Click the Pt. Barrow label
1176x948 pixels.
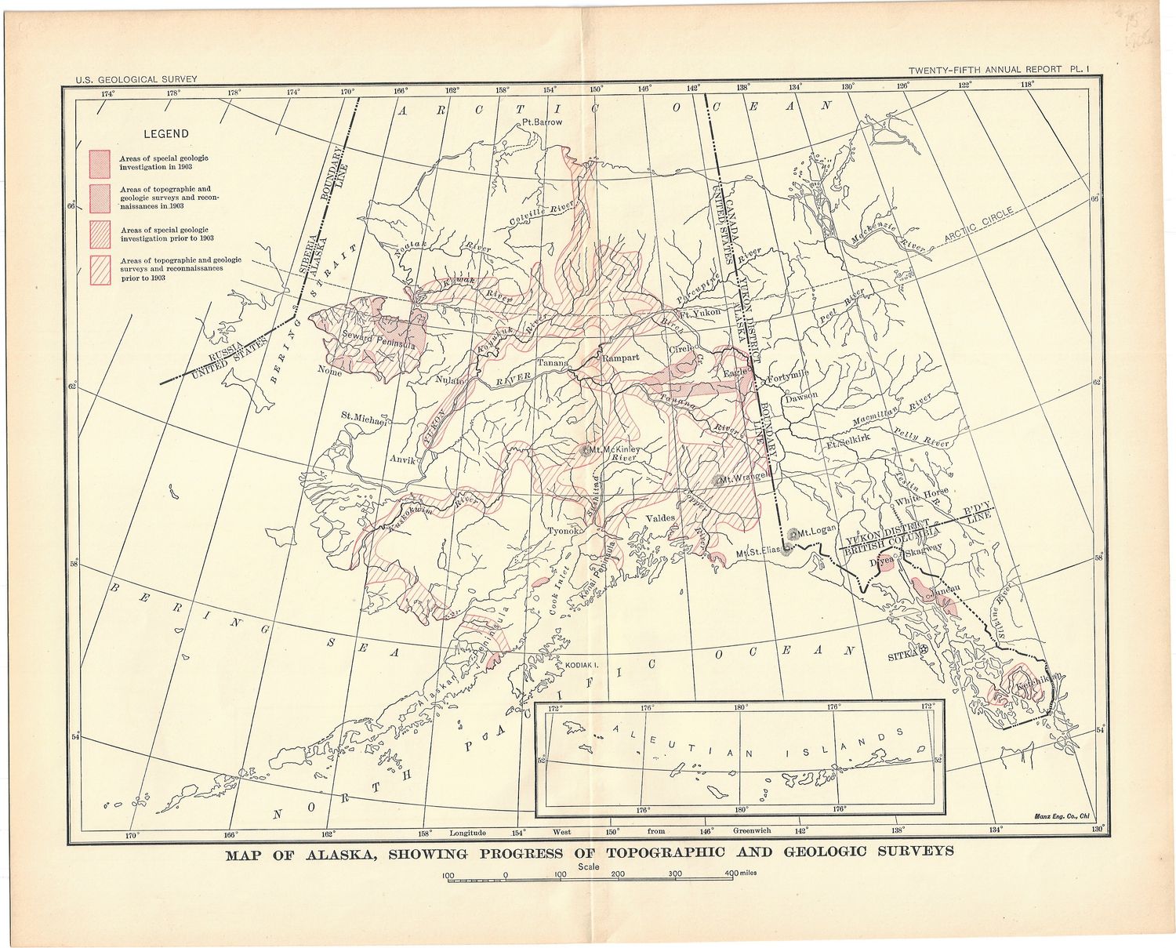[x=542, y=122]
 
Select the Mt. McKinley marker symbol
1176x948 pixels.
[x=585, y=450]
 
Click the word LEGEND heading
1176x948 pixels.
[x=165, y=134]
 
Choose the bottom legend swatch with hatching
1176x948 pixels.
[x=100, y=269]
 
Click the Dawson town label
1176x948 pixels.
[x=801, y=396]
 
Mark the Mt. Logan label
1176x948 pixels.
[x=817, y=532]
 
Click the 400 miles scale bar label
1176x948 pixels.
[x=741, y=873]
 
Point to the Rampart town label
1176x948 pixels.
[x=620, y=358]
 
